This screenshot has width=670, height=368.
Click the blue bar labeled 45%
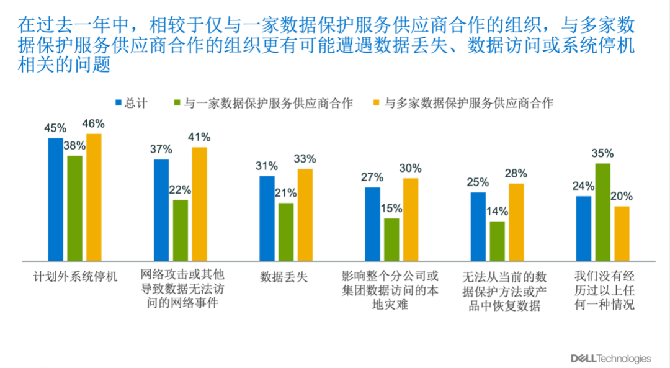[x=56, y=199]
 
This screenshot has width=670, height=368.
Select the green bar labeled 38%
[x=74, y=208]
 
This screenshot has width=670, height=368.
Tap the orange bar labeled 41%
[x=199, y=204]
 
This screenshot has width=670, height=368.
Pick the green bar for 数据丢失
[x=286, y=231]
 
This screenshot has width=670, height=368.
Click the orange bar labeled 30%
[x=411, y=219]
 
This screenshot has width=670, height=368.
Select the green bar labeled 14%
[x=497, y=241]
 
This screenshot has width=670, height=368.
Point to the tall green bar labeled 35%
[x=602, y=212]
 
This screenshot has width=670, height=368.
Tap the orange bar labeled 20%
[x=622, y=233]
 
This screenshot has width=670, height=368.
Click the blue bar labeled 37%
[x=161, y=210]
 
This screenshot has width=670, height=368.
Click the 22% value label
[x=181, y=190]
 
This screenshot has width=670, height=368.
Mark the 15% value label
[x=391, y=209]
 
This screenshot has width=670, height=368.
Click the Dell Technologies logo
[x=610, y=359]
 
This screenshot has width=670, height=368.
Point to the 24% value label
[x=584, y=186]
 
